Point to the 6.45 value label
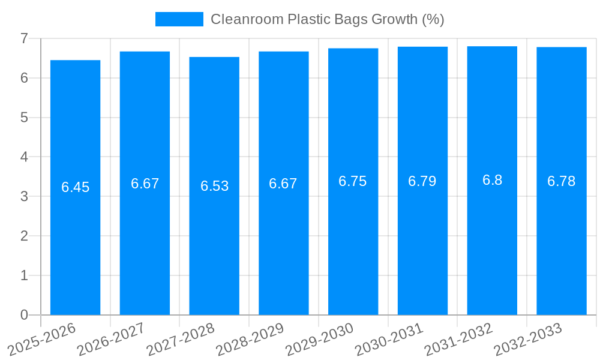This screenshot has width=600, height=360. coord(75,187)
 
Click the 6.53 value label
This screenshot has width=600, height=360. coord(214,186)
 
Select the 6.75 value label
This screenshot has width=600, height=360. coord(353,182)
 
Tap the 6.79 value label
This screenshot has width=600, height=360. coord(422,181)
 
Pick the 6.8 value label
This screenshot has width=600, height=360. coord(492,180)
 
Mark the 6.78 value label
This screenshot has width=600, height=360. coord(562,181)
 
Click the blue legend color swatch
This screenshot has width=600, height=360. coord(179,19)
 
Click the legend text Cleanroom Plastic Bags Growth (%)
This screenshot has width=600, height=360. coord(327,19)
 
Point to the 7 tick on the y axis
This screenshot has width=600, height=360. coord(24,38)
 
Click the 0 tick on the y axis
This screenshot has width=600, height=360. coord(24,315)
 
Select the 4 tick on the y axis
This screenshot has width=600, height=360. coord(24,157)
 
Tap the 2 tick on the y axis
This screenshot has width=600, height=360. coord(24,236)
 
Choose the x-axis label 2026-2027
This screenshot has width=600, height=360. coord(111,339)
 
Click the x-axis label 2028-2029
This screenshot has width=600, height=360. coord(250,339)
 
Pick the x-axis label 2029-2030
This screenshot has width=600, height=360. coord(319,339)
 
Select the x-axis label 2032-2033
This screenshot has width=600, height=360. coord(527,339)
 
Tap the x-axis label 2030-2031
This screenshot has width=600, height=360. coord(389,339)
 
